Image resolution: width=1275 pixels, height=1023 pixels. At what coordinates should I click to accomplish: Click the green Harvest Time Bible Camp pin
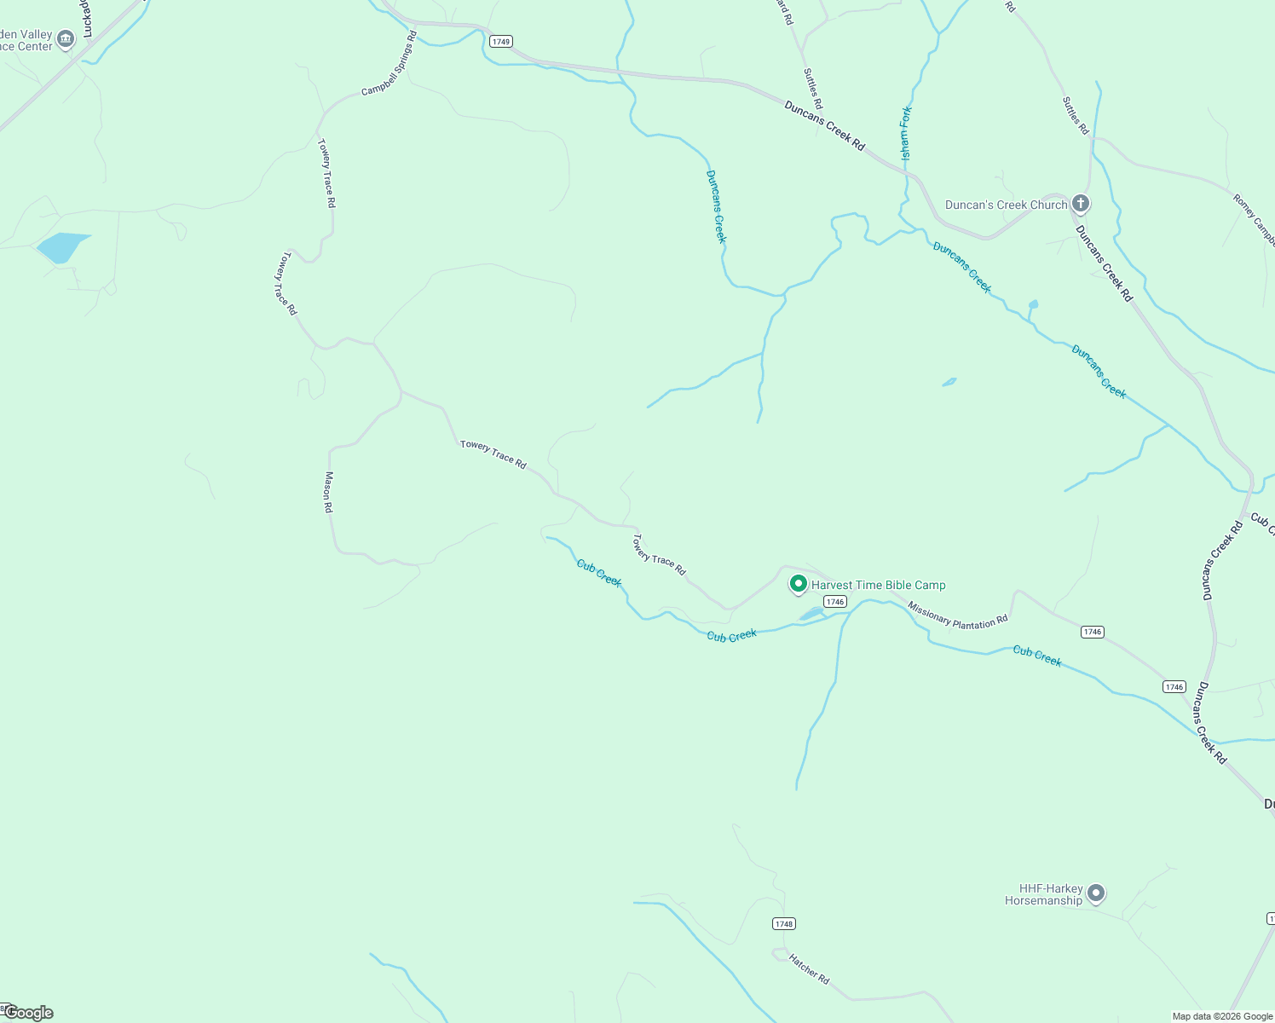[799, 584]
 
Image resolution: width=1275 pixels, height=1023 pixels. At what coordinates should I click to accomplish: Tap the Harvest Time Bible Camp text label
[878, 585]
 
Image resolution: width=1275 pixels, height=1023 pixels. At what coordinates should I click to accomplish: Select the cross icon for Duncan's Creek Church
[1081, 204]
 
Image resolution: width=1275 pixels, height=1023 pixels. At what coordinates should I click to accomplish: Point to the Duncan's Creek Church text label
[1006, 205]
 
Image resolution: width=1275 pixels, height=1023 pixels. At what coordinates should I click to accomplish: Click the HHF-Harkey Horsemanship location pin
[1097, 893]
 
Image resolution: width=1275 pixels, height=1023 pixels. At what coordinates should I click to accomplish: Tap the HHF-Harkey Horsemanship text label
[1044, 894]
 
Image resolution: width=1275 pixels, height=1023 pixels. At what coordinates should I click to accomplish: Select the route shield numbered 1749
[500, 41]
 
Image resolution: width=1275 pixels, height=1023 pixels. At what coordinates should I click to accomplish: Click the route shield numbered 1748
[784, 923]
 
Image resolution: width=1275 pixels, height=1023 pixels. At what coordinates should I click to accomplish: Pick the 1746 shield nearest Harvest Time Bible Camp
[835, 601]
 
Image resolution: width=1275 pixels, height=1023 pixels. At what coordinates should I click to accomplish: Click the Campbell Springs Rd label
[389, 64]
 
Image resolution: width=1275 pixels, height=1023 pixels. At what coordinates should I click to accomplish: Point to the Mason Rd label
[328, 492]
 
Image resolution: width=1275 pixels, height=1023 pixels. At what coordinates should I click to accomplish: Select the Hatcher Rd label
[809, 968]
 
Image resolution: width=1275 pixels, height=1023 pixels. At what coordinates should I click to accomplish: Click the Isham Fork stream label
[906, 133]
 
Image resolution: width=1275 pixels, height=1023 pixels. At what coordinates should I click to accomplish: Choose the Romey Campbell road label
[1254, 219]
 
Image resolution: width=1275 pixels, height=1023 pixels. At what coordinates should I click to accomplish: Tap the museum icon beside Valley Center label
[66, 39]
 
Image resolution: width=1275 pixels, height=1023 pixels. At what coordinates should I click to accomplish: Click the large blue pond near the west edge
[61, 246]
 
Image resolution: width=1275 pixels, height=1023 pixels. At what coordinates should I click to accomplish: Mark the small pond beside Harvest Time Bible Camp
[811, 614]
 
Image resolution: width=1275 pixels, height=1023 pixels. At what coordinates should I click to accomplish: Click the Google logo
[28, 1013]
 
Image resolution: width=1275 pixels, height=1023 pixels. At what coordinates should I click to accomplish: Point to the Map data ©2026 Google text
[1222, 1016]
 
